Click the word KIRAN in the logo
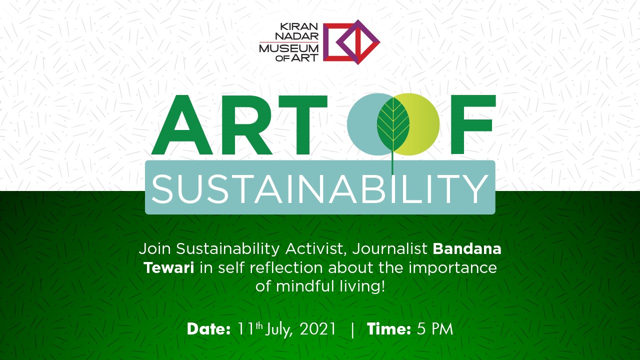pyautogui.click(x=299, y=26)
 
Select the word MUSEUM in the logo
pyautogui.click(x=288, y=48)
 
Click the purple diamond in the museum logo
pyautogui.click(x=357, y=42)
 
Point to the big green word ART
pyautogui.click(x=239, y=125)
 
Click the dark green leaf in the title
pyautogui.click(x=393, y=124)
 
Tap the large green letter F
pyautogui.click(x=473, y=124)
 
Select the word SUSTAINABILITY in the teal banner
pyautogui.click(x=320, y=189)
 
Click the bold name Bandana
pyautogui.click(x=467, y=249)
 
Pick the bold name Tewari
pyautogui.click(x=169, y=267)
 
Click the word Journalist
pyautogui.click(x=389, y=249)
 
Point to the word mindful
pyautogui.click(x=305, y=286)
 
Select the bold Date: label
pyautogui.click(x=208, y=329)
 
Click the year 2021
pyautogui.click(x=317, y=329)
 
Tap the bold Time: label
pyautogui.click(x=389, y=329)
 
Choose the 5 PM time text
pyautogui.click(x=435, y=329)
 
